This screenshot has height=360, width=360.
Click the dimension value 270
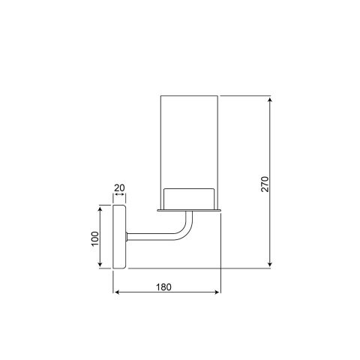[264, 184]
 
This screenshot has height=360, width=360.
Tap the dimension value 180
[166, 286]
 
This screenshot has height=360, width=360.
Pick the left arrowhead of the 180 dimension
[115, 292]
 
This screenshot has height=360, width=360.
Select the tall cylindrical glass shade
[190, 142]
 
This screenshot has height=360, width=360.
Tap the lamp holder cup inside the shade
[190, 197]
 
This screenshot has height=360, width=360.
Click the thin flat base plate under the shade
[190, 211]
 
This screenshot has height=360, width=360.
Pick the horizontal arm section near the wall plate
[146, 238]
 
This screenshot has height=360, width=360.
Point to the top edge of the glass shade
[190, 95]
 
